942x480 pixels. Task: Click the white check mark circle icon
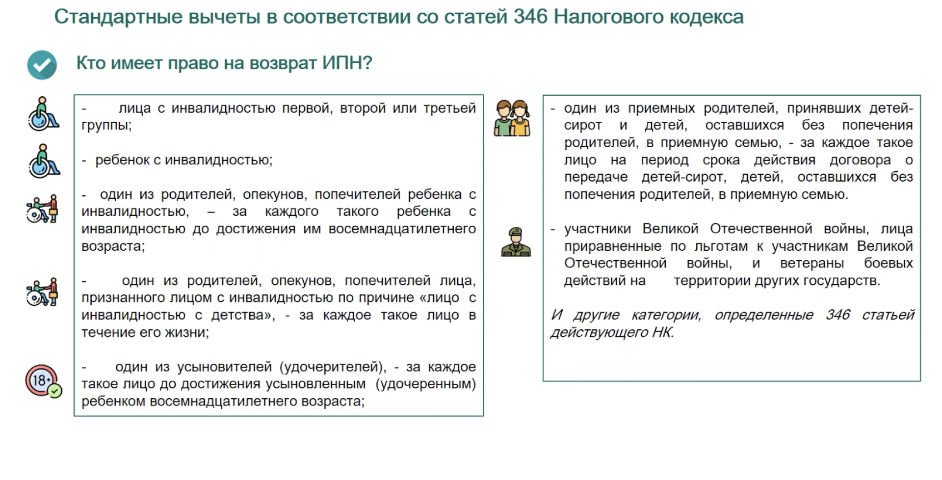tap(42, 65)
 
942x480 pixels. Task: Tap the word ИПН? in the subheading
tap(347, 63)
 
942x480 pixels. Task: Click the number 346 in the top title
tap(530, 17)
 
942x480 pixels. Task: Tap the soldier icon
tap(516, 242)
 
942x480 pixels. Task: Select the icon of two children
tap(512, 118)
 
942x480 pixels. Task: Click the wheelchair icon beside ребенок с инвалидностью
tap(43, 161)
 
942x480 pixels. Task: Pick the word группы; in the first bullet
tap(106, 126)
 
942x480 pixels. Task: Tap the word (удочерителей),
tap(333, 367)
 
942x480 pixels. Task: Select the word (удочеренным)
tap(426, 384)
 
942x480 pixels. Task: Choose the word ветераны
tap(812, 264)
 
